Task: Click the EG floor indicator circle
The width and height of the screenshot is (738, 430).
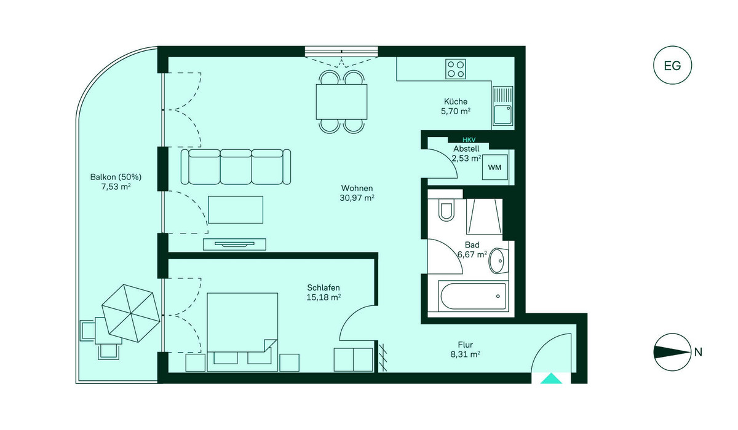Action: (x=672, y=65)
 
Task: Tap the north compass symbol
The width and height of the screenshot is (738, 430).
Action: (x=672, y=352)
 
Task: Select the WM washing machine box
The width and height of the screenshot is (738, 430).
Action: (x=494, y=168)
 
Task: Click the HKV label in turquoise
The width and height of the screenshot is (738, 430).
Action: (x=469, y=140)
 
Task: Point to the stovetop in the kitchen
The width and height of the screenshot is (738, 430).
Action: (x=455, y=69)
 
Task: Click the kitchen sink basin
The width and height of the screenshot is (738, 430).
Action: (x=503, y=114)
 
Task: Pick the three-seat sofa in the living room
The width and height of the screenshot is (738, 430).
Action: (x=236, y=167)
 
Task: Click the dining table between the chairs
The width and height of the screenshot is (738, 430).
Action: (x=342, y=101)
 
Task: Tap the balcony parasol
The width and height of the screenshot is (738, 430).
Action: (x=131, y=313)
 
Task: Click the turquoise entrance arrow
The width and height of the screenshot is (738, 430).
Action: (x=551, y=378)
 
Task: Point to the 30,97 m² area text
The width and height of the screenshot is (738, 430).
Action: (x=357, y=198)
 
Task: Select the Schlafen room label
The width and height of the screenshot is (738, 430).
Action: (x=323, y=287)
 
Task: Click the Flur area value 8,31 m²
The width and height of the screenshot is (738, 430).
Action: (x=465, y=354)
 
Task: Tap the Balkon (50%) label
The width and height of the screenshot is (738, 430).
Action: (x=116, y=177)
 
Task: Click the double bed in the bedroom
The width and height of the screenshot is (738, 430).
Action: (x=242, y=332)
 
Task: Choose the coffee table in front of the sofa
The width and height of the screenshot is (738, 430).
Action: (x=236, y=209)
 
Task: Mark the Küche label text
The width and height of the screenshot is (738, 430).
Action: (x=455, y=101)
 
